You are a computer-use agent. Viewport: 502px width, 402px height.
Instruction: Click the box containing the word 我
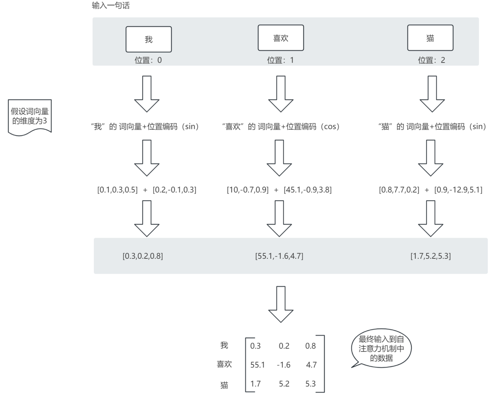(149, 39)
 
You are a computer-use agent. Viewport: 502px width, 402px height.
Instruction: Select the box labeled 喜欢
(281, 38)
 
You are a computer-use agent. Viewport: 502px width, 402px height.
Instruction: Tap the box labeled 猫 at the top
(430, 38)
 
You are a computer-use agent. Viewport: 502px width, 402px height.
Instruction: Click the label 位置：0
(148, 60)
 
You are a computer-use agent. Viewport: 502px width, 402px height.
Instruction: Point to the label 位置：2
(432, 60)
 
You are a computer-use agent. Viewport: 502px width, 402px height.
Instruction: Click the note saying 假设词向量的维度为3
(30, 116)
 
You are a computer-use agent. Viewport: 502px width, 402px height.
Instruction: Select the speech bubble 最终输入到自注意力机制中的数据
(381, 348)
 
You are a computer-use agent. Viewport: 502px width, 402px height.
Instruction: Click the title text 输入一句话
(111, 6)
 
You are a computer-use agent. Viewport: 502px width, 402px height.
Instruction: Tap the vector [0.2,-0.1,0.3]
(174, 190)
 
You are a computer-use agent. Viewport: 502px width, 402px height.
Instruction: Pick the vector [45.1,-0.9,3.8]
(307, 190)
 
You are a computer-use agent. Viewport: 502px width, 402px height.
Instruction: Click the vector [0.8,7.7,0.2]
(399, 190)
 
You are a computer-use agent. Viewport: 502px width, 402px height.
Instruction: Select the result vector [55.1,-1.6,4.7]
(279, 256)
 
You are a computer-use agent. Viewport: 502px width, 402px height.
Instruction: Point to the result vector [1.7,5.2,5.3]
(431, 256)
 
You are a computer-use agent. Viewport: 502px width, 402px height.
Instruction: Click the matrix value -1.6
(283, 365)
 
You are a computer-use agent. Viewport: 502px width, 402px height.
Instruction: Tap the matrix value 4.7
(311, 365)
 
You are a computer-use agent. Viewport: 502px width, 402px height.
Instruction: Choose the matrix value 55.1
(257, 365)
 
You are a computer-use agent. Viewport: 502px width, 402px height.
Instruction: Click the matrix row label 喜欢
(224, 364)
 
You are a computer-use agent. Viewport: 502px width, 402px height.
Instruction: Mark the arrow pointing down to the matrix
(281, 304)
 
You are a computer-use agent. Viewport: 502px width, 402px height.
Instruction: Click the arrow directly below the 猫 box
(432, 94)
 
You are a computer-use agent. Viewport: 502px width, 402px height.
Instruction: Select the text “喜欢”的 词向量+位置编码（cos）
(281, 127)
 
